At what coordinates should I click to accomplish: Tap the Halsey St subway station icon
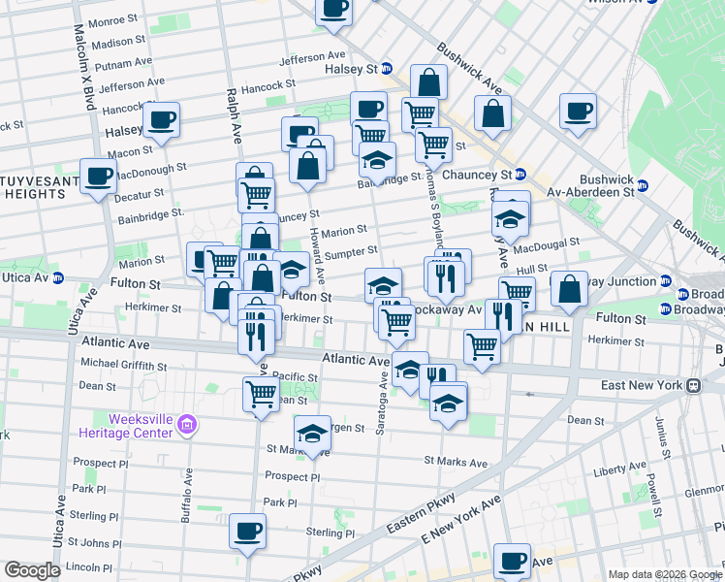387,69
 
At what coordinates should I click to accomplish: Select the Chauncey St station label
475,175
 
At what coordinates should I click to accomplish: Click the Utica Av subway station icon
58,278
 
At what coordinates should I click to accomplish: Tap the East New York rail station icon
694,385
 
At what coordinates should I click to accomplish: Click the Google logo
33,569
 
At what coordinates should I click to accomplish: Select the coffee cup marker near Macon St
161,120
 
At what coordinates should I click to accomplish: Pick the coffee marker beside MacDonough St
99,176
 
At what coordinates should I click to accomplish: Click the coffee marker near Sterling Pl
248,531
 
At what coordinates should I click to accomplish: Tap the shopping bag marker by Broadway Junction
569,288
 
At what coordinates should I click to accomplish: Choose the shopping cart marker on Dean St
261,393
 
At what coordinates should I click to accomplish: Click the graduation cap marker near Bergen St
312,434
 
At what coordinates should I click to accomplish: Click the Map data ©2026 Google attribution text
664,574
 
